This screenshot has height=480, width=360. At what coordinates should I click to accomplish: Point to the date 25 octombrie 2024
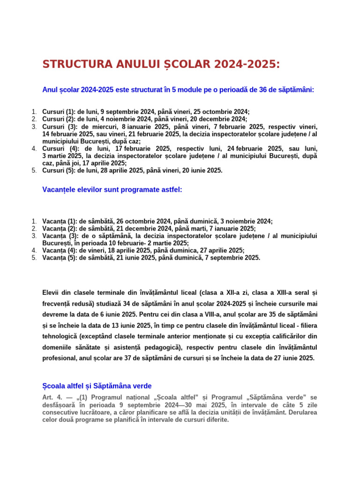223,112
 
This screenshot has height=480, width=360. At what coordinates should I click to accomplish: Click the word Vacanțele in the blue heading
59,189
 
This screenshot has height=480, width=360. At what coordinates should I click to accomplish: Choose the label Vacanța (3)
60,236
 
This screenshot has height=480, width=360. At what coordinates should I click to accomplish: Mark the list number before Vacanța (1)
34,221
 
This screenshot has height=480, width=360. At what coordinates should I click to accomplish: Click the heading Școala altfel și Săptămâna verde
97,386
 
